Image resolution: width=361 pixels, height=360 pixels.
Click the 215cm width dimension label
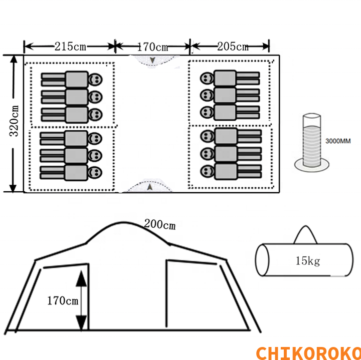pyautogui.click(x=70, y=47)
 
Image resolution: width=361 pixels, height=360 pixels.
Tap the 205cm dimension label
pyautogui.click(x=233, y=47)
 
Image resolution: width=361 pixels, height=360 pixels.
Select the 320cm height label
pyautogui.click(x=14, y=121)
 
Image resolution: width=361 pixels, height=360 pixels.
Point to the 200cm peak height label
pyautogui.click(x=160, y=225)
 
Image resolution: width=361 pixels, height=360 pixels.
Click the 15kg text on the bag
pyautogui.click(x=308, y=261)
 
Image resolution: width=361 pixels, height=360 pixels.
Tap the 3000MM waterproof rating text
pyautogui.click(x=338, y=141)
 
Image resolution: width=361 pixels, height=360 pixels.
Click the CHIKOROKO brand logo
pyautogui.click(x=308, y=353)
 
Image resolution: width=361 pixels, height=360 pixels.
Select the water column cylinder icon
pyautogui.click(x=312, y=143)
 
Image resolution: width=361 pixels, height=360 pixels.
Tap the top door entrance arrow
pyautogui.click(x=152, y=60)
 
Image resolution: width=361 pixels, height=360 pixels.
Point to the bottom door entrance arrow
pyautogui.click(x=150, y=187)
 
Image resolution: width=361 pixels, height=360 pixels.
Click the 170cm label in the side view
pyautogui.click(x=63, y=301)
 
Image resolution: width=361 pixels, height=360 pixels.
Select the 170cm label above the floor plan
pyautogui.click(x=153, y=47)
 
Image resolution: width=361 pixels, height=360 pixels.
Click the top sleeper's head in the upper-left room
pyautogui.click(x=95, y=80)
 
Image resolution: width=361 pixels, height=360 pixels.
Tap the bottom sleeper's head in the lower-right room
pyautogui.click(x=207, y=171)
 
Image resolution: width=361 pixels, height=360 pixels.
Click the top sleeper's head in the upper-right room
pyautogui.click(x=207, y=79)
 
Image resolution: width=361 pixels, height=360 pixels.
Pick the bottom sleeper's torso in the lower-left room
pyautogui.click(x=76, y=173)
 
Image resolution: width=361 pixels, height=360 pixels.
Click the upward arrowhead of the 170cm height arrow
pyautogui.click(x=81, y=278)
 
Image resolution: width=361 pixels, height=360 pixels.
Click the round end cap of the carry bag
pyautogui.click(x=262, y=260)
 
